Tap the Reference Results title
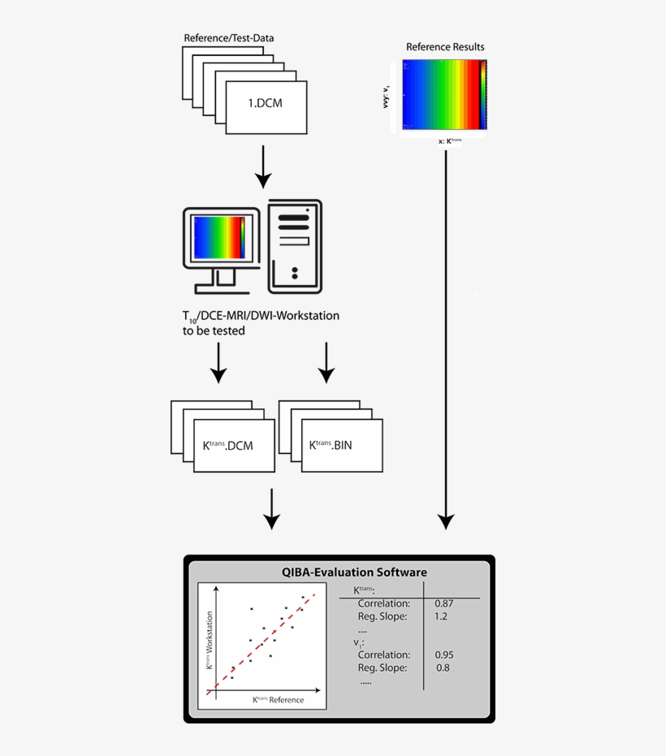(x=445, y=46)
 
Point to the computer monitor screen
(x=219, y=236)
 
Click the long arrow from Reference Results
(x=445, y=341)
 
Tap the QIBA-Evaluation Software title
(x=354, y=572)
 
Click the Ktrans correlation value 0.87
(x=443, y=603)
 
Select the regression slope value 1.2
(x=441, y=616)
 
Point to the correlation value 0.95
(x=443, y=654)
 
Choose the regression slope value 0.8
(x=442, y=667)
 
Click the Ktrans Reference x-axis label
(x=278, y=699)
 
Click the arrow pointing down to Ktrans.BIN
(x=327, y=362)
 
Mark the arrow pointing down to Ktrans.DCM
(x=218, y=362)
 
